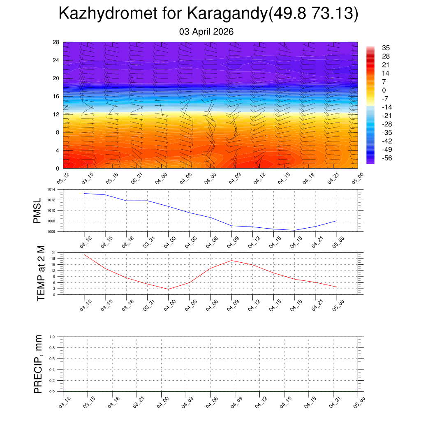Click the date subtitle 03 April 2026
206,32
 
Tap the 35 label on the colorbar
386,47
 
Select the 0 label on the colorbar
384,90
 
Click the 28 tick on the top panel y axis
56,42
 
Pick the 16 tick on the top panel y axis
56,96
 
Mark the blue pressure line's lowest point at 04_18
295,230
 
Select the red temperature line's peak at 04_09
231,260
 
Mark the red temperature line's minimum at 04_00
168,289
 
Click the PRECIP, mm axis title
38,364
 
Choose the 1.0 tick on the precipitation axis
52,337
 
